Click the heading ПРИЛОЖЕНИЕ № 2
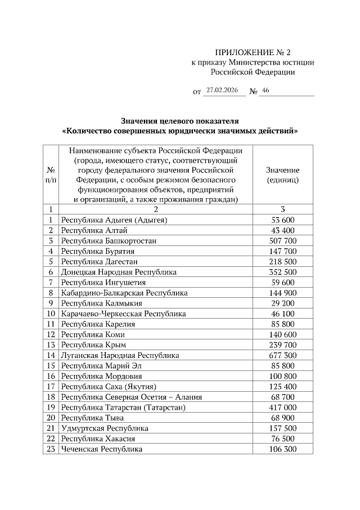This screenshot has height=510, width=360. click(253, 51)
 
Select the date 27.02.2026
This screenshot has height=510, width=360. click(223, 90)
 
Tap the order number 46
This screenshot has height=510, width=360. click(266, 90)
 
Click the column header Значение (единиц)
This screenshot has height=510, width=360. click(282, 175)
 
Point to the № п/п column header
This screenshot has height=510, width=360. click(51, 175)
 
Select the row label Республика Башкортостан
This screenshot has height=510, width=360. click(109, 240)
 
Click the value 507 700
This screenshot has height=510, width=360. click(282, 240)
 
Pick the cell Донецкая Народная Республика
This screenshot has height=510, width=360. click(119, 272)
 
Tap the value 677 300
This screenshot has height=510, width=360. click(282, 355)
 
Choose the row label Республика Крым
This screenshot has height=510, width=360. click(93, 345)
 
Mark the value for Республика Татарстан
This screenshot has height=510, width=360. click(282, 408)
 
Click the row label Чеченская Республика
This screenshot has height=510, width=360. click(102, 449)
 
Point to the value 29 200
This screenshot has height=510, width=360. click(282, 303)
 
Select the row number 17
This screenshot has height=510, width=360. click(51, 387)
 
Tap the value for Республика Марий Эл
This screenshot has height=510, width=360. click(282, 365)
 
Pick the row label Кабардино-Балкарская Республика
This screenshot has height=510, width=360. click(124, 293)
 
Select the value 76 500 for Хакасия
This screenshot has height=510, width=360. click(282, 439)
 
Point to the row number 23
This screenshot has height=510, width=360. click(51, 449)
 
